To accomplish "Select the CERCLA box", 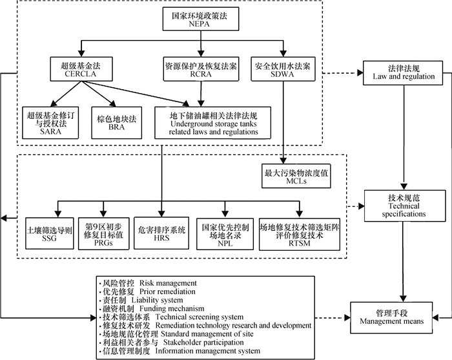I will tap(79, 70).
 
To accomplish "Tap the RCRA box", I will tap(201, 70).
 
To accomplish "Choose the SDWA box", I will tap(282, 70).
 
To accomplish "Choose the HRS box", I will tap(161, 234).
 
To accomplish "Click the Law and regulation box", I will tap(403, 72).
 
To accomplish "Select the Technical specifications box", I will tap(404, 206).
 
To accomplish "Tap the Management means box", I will tap(390, 316).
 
